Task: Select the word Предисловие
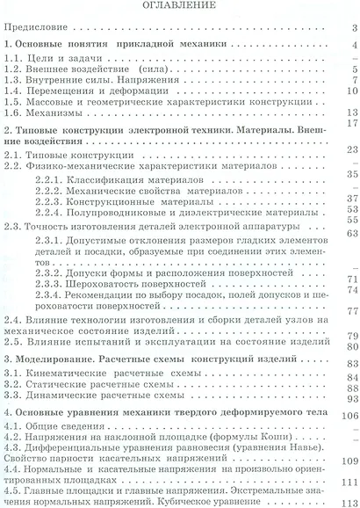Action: pyautogui.click(x=36, y=27)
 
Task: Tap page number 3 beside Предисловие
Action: pyautogui.click(x=351, y=28)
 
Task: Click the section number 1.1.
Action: pyautogui.click(x=16, y=56)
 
